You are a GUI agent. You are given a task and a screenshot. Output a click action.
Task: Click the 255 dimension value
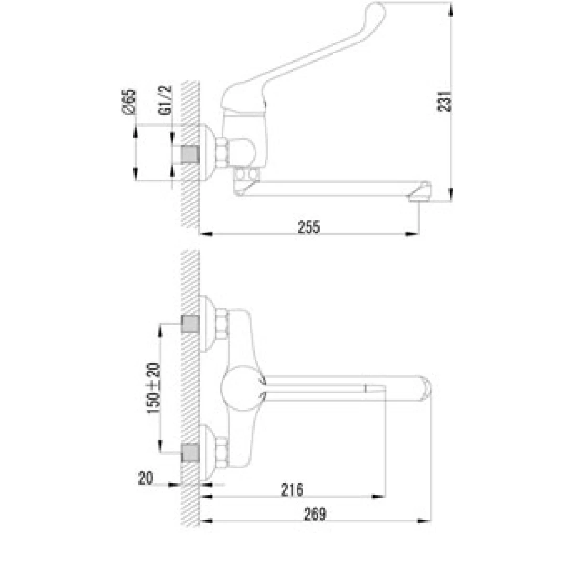point(309,227)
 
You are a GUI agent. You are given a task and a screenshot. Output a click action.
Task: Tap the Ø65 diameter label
point(129,101)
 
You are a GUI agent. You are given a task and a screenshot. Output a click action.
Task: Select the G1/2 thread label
point(166,100)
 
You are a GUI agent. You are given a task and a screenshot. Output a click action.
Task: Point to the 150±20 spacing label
point(153,388)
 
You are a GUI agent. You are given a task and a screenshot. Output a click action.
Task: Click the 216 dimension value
point(292,490)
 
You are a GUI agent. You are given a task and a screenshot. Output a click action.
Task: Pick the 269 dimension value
point(315,514)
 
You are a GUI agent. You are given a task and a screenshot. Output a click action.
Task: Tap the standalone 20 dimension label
point(146,478)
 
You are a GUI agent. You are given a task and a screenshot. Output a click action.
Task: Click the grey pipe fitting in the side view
point(191,155)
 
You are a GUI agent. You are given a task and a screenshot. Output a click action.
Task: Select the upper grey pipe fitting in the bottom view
point(191,324)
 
